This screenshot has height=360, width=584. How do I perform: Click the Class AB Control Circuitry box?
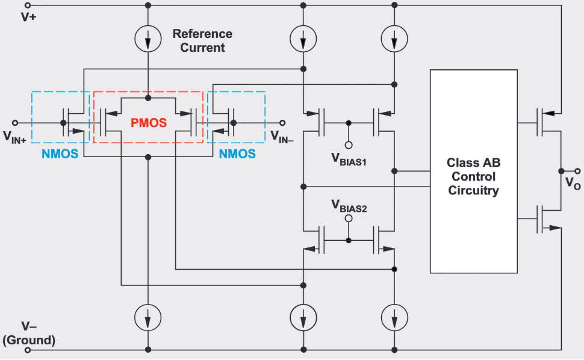(x=473, y=171)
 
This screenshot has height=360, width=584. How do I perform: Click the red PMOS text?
(x=149, y=123)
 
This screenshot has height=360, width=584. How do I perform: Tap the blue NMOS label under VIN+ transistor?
(x=60, y=154)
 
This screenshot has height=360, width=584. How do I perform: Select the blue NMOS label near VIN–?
(x=237, y=154)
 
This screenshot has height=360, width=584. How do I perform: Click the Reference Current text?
(x=202, y=40)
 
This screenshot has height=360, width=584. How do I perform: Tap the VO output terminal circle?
(x=561, y=169)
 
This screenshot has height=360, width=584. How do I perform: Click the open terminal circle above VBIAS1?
(x=348, y=144)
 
